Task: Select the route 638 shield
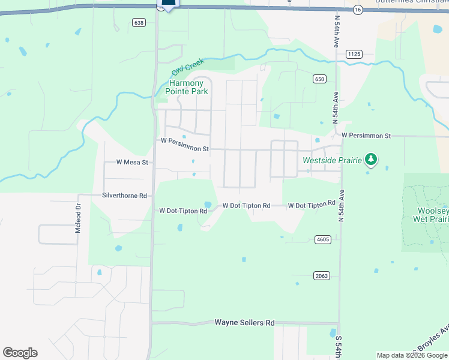tap(139, 23)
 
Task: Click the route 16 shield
tap(358, 10)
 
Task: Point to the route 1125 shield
tap(354, 54)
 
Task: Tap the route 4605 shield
tap(322, 239)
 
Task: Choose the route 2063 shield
tap(321, 275)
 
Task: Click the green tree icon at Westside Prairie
tap(372, 159)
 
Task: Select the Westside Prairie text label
tap(332, 160)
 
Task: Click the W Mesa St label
tap(132, 162)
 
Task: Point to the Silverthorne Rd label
tap(125, 196)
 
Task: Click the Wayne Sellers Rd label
tap(244, 323)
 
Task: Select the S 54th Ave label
tap(337, 346)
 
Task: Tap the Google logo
tap(20, 353)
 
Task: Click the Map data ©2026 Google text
tap(411, 355)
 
